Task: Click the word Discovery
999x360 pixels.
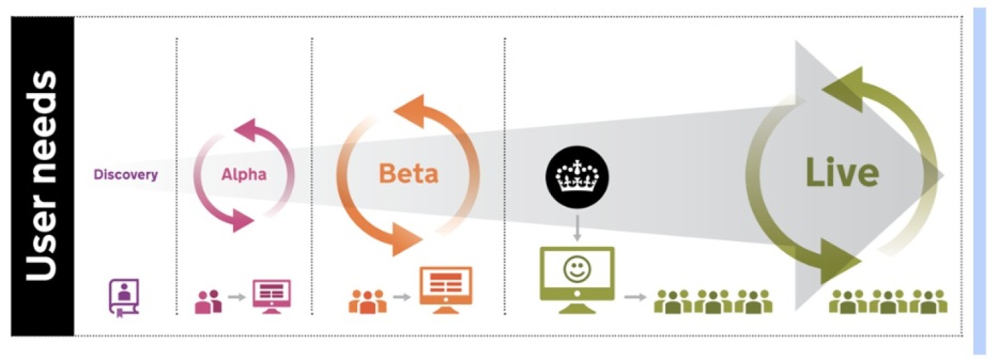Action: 126,174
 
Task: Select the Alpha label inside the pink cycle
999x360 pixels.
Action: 244,174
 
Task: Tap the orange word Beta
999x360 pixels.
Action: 408,173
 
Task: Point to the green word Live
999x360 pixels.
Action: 842,173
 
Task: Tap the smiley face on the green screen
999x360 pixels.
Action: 577,270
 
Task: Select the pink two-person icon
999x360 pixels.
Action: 208,301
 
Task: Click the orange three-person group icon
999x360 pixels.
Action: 368,300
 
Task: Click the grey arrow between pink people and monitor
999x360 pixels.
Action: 237,298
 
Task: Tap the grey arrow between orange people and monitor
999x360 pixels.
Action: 402,298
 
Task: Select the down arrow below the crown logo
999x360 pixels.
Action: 577,227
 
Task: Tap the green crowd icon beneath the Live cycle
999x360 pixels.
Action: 887,301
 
